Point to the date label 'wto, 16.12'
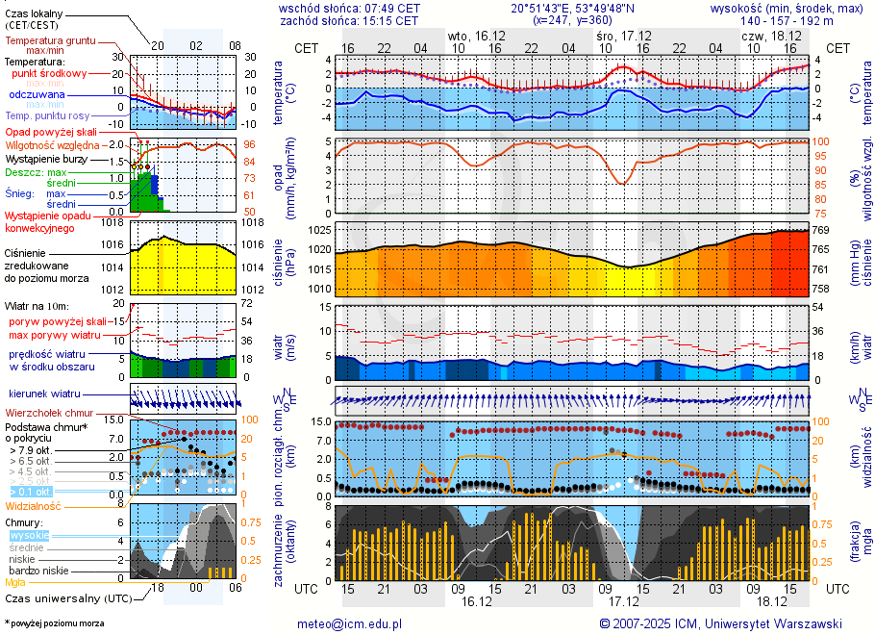pyautogui.click(x=477, y=35)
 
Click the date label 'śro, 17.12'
pyautogui.click(x=624, y=35)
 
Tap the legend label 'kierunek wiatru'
pyautogui.click(x=44, y=394)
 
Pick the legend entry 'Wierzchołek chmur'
pyautogui.click(x=49, y=413)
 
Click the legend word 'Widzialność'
pyautogui.click(x=34, y=505)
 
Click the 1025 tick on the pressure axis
pyautogui.click(x=319, y=231)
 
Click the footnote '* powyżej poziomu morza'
pyautogui.click(x=54, y=623)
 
